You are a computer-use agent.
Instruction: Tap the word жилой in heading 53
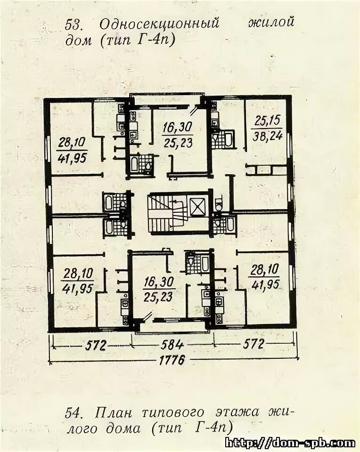[x=271, y=22]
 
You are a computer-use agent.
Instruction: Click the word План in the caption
[x=114, y=413]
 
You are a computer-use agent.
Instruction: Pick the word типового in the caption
[x=173, y=413]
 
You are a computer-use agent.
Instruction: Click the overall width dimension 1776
[x=172, y=360]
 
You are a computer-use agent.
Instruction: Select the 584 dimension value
[x=172, y=345]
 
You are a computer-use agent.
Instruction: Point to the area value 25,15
[x=268, y=121]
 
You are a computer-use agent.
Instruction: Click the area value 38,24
[x=267, y=136]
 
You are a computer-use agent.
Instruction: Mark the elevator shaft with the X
[x=198, y=207]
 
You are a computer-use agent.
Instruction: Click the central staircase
[x=167, y=213]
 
